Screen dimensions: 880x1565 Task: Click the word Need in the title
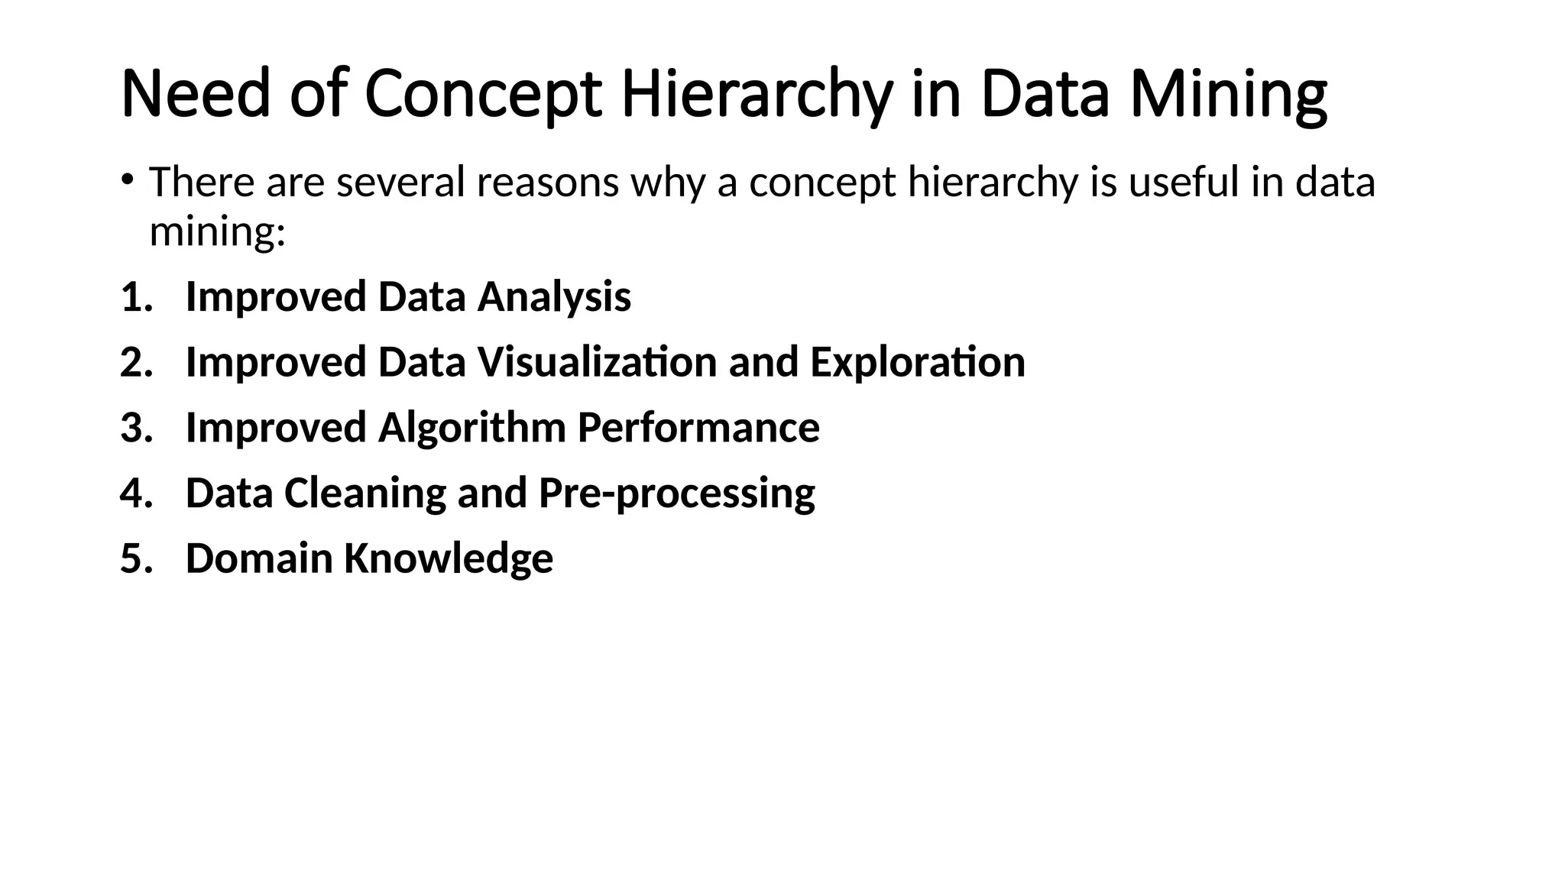[196, 94]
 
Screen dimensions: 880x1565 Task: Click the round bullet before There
[127, 180]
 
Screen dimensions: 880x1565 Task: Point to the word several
[400, 183]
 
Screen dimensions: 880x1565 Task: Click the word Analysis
[554, 296]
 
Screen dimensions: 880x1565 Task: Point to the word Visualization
[597, 362]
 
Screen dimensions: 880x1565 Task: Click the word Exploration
[917, 362]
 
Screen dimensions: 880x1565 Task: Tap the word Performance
[698, 428]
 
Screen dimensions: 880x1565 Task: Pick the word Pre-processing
[676, 493]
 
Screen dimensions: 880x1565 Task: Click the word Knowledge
[448, 558]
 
